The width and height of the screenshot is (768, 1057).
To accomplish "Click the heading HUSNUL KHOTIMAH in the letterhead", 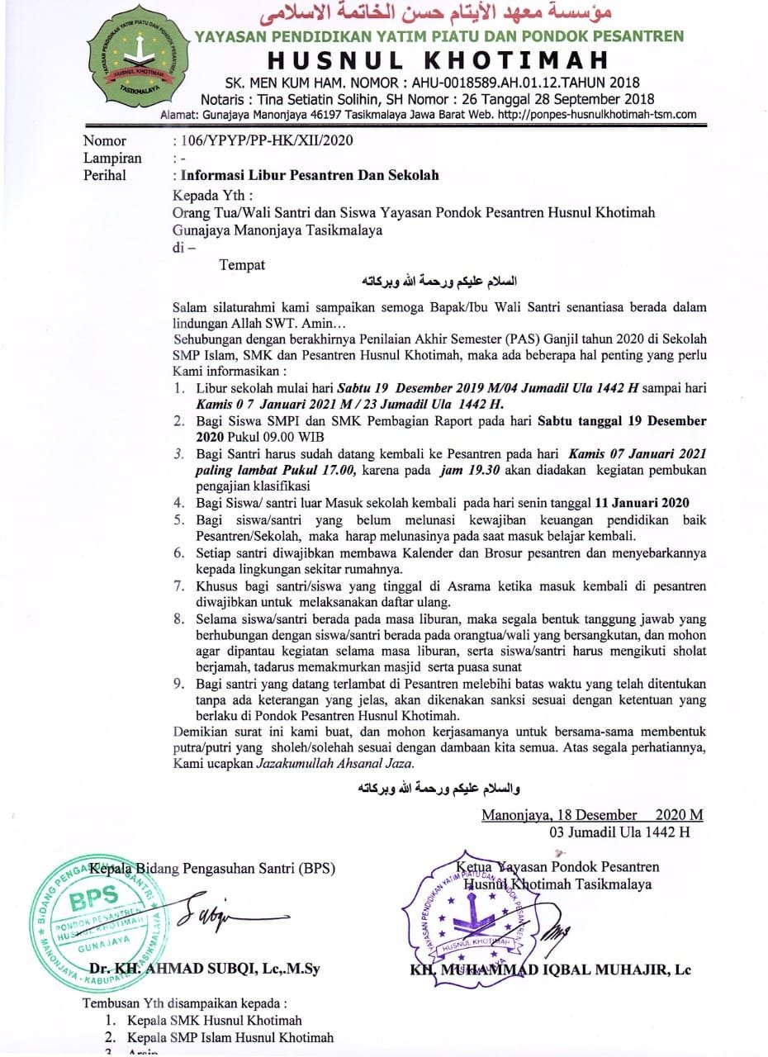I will [x=438, y=59].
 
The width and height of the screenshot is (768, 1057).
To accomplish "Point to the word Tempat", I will [x=242, y=264].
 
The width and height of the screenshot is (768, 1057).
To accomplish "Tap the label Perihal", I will [x=105, y=175].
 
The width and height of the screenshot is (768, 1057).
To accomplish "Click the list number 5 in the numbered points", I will [x=178, y=519].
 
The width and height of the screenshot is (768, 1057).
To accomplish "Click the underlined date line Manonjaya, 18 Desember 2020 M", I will [x=592, y=815].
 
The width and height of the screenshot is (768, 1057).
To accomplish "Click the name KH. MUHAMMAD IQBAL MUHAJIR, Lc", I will [x=551, y=969].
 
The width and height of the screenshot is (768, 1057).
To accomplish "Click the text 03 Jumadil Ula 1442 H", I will [x=619, y=832].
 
